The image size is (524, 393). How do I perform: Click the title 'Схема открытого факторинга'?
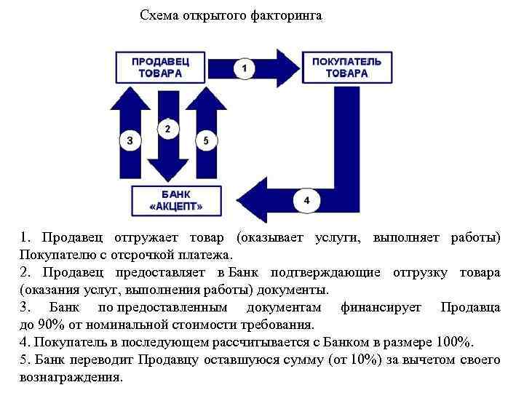pos(231,15)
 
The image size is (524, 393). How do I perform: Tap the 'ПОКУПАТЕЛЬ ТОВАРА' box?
pos(346,68)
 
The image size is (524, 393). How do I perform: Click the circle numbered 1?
pos(245,68)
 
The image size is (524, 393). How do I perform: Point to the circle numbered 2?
pos(168,130)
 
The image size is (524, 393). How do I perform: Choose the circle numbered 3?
pos(130,141)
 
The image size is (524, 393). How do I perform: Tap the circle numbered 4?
pos(306,199)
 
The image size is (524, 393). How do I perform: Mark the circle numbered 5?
pos(206,141)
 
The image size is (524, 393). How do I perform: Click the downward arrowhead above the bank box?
pos(168,170)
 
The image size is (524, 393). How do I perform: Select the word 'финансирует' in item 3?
pos(381,308)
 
